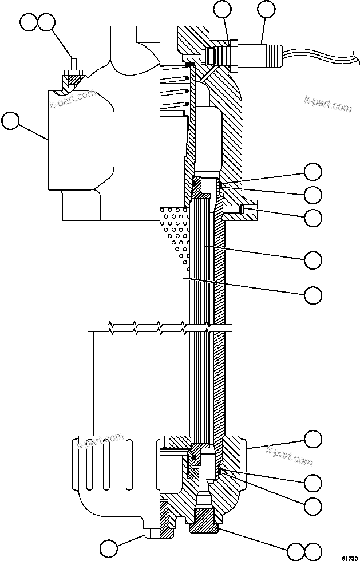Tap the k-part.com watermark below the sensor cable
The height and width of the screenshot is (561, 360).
tap(327, 103)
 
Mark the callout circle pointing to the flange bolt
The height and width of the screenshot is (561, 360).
tap(312, 217)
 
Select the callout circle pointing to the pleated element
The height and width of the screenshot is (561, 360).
tap(312, 259)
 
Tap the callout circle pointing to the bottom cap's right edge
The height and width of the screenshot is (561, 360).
tap(312, 439)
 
